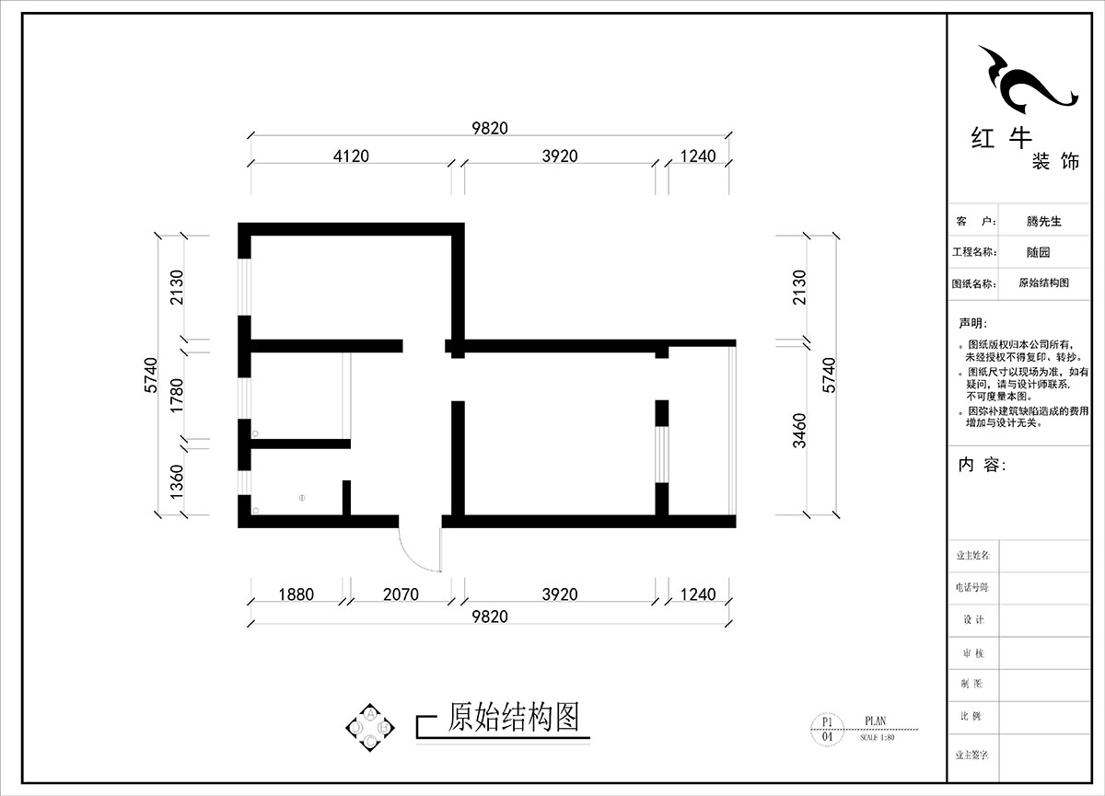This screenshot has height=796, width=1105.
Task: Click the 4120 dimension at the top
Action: (350, 156)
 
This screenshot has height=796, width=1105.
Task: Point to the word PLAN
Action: (877, 722)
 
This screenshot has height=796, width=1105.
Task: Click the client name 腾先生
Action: (1043, 222)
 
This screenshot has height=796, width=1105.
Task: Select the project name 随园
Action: (1038, 252)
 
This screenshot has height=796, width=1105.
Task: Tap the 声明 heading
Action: (972, 323)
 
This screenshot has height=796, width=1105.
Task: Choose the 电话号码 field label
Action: (972, 587)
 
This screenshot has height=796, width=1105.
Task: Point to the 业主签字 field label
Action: (972, 754)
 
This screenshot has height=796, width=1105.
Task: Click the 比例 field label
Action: (972, 715)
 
